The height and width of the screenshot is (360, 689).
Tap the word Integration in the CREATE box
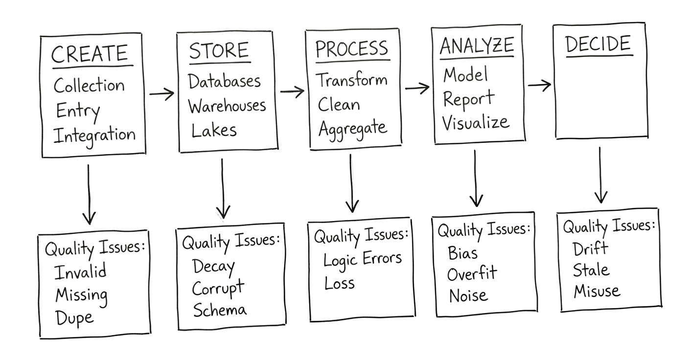click(94, 135)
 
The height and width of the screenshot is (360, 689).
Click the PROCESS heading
click(351, 49)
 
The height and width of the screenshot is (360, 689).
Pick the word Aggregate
click(352, 128)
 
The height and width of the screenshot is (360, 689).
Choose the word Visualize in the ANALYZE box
click(475, 122)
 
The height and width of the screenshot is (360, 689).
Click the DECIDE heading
click(598, 45)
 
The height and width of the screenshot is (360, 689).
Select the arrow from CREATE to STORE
click(162, 93)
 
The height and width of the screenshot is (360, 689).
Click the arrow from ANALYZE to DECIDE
click(539, 86)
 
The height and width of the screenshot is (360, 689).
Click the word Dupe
click(74, 318)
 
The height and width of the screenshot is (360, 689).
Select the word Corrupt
click(217, 288)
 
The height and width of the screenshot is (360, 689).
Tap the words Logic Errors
click(362, 259)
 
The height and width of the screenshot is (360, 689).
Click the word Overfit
click(472, 274)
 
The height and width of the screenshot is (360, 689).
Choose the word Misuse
click(597, 292)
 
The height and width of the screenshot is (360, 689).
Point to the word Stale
click(591, 270)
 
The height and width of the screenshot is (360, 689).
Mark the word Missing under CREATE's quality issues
click(81, 295)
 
